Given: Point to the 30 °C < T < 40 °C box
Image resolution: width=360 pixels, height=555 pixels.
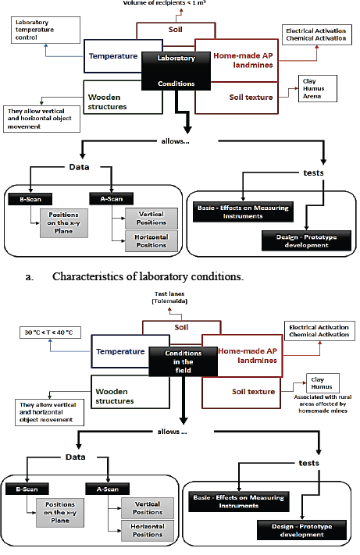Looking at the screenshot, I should (x=50, y=331).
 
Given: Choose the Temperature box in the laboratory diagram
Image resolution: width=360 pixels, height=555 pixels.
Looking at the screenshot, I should (x=114, y=56).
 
